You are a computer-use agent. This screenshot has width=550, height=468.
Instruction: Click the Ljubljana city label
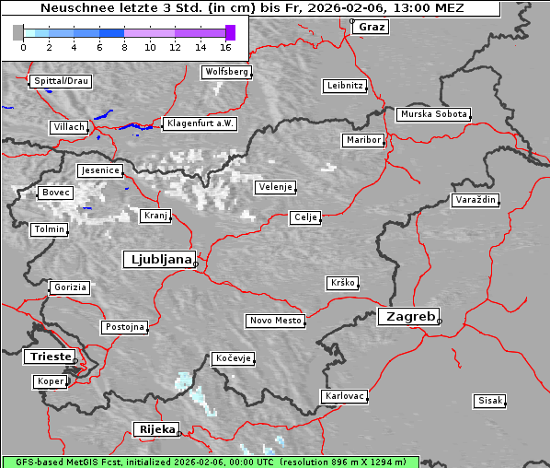click(x=158, y=260)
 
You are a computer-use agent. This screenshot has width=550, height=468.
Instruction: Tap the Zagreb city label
click(x=407, y=316)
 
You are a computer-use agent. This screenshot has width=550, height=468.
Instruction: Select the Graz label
click(x=372, y=27)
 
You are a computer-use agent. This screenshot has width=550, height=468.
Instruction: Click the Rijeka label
click(x=156, y=429)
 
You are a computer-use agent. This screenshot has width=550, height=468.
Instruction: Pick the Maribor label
click(x=362, y=140)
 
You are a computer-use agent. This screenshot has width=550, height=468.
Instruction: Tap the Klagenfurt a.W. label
click(x=200, y=123)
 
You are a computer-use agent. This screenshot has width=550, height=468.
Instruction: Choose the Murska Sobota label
click(x=433, y=115)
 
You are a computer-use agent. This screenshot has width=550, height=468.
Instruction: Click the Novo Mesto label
click(x=275, y=321)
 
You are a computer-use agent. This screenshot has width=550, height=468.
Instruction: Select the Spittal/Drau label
click(x=61, y=81)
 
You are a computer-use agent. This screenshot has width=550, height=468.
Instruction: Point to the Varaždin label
click(x=475, y=200)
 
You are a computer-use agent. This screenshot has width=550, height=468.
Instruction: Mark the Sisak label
click(x=489, y=401)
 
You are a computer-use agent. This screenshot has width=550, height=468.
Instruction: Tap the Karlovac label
click(x=345, y=396)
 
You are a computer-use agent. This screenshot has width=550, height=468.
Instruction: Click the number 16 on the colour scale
click(x=226, y=46)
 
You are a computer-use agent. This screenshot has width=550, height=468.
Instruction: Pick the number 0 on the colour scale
click(x=23, y=46)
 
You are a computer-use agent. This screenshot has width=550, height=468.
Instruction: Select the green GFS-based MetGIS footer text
click(x=210, y=462)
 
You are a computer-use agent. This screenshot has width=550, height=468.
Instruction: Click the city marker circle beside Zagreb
click(x=440, y=322)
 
